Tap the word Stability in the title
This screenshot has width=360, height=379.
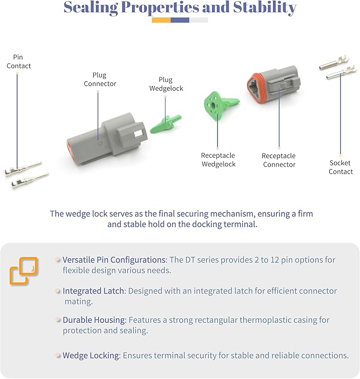pyautogui.click(x=265, y=8)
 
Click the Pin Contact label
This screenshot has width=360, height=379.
pyautogui.click(x=19, y=62)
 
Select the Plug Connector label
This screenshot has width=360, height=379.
pyautogui.click(x=100, y=79)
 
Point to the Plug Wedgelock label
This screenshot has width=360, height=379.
pyautogui.click(x=166, y=84)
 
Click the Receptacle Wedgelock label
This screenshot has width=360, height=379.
pyautogui.click(x=218, y=160)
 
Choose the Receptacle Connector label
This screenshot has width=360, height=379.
pyautogui.click(x=279, y=160)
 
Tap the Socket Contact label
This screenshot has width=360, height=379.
pyautogui.click(x=340, y=167)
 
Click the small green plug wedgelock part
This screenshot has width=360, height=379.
pyautogui.click(x=166, y=124)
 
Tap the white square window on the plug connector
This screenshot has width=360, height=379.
pyautogui.click(x=139, y=133)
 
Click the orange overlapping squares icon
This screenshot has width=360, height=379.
pyautogui.click(x=23, y=271)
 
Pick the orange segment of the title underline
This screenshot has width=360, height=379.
pyautogui.click(x=161, y=20)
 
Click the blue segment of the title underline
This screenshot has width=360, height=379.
pyautogui.click(x=180, y=20)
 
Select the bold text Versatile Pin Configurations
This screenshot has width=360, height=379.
pyautogui.click(x=115, y=260)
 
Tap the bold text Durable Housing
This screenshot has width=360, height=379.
pyautogui.click(x=94, y=320)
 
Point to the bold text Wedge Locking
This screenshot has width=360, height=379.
pyautogui.click(x=92, y=355)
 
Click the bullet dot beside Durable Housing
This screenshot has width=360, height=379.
pyautogui.click(x=58, y=320)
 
